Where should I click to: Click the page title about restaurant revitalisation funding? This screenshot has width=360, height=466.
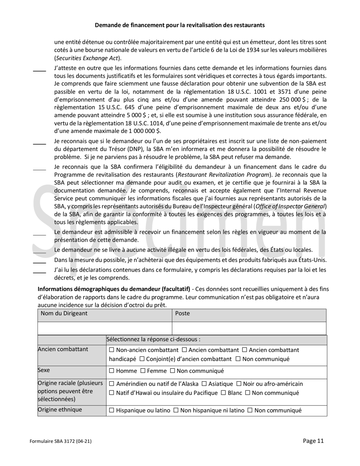point(180,25)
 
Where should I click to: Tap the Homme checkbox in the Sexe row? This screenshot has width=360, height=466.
point(111,371)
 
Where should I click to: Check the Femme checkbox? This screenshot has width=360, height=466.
point(139,371)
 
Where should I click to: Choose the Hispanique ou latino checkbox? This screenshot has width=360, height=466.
point(111,410)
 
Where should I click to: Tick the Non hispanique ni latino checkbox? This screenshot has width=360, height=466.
point(176,410)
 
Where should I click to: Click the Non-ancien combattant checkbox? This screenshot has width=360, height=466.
point(111,349)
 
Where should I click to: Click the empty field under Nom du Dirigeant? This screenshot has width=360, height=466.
point(105,328)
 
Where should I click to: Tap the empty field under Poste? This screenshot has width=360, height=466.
point(249,328)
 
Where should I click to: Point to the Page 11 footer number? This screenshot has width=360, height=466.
point(313,441)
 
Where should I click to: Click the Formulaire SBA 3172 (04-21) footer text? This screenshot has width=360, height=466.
point(61,441)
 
